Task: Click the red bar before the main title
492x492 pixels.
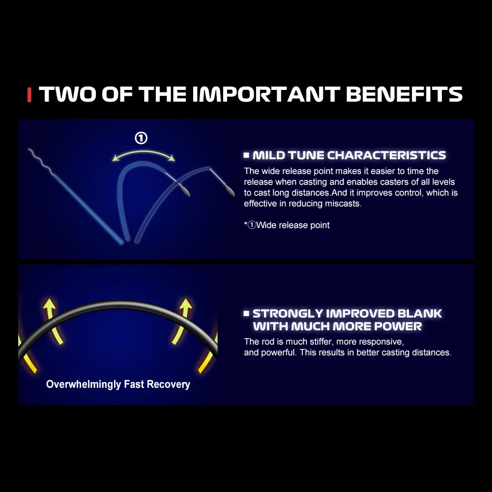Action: click(x=29, y=95)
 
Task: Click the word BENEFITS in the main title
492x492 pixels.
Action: click(x=404, y=94)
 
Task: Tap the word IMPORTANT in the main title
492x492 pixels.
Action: click(x=266, y=94)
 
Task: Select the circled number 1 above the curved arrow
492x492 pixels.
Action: click(x=141, y=138)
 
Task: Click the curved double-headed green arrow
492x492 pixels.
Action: click(x=144, y=152)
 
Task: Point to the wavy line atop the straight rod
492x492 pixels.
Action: click(x=41, y=161)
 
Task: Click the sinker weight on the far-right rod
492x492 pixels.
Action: click(x=230, y=191)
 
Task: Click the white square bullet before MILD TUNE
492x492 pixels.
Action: click(x=246, y=155)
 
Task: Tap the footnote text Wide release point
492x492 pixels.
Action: click(x=293, y=225)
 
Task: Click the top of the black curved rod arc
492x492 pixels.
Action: click(x=117, y=304)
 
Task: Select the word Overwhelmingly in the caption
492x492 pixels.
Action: click(x=84, y=384)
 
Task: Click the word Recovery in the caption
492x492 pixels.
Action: click(x=169, y=384)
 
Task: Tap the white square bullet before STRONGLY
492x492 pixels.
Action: click(x=246, y=313)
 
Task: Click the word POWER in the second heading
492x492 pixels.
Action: click(x=398, y=326)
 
